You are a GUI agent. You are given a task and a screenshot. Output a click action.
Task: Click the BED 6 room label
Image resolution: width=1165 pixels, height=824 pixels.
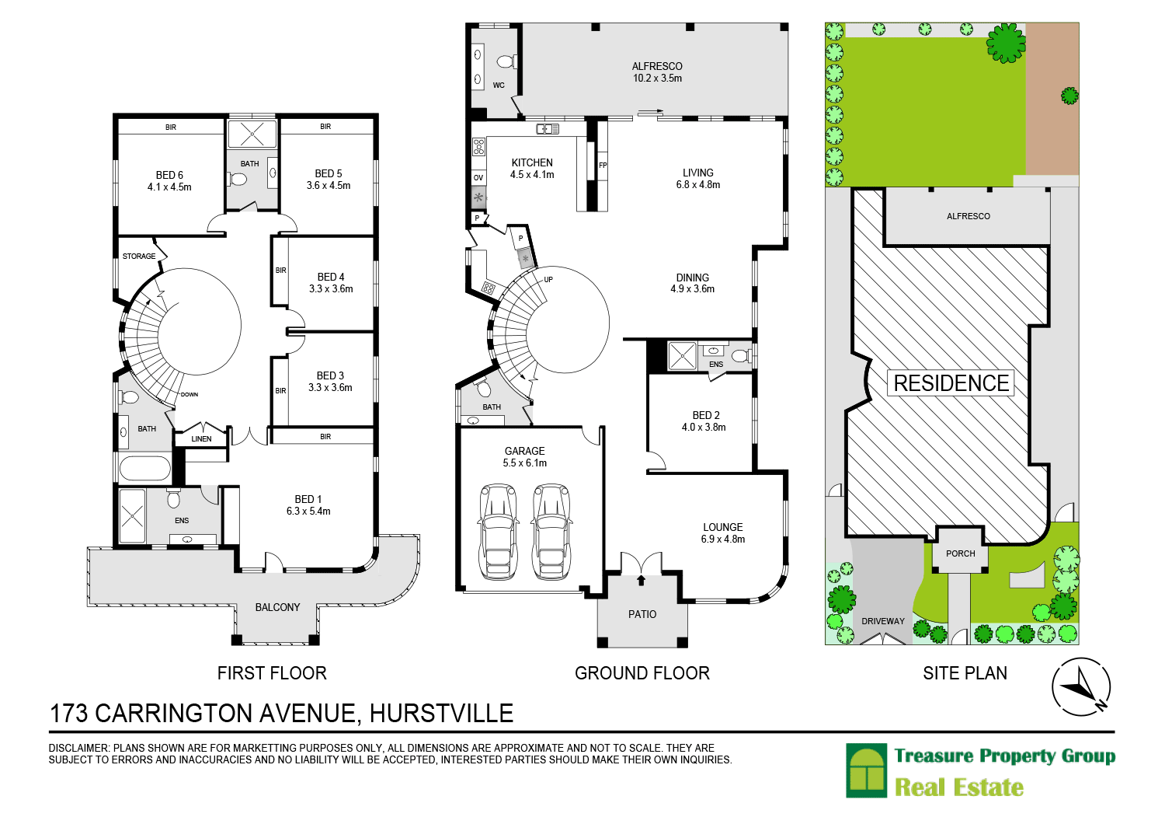[169, 176]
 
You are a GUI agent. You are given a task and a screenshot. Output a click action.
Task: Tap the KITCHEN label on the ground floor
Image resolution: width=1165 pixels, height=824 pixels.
[532, 163]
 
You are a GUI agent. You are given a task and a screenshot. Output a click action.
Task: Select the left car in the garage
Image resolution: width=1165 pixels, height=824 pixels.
[498, 532]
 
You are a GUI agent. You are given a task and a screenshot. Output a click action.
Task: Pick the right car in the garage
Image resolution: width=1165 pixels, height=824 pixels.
[551, 532]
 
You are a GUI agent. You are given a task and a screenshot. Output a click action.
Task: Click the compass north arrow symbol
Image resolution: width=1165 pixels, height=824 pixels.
[1080, 688]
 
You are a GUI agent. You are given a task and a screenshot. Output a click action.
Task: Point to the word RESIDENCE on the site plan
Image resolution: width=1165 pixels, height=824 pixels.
[951, 383]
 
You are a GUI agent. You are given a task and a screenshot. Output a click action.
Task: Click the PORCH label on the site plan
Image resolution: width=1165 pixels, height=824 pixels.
[961, 554]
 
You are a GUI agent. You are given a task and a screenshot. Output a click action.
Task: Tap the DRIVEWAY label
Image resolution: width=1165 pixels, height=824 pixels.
[883, 621]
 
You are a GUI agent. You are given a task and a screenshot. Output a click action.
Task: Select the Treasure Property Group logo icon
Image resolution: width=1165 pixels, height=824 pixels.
[867, 771]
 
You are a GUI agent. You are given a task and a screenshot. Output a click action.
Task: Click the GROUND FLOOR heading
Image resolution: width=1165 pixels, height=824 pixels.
[642, 673]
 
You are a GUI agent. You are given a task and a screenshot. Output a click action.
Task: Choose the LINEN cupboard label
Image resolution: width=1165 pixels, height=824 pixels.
[201, 439]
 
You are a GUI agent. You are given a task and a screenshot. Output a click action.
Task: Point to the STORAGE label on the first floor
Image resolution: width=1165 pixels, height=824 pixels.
[139, 257]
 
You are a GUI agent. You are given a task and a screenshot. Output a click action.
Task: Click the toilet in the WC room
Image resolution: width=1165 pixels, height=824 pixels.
[506, 61]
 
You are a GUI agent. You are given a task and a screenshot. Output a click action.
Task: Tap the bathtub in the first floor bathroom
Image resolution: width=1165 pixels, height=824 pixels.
[144, 469]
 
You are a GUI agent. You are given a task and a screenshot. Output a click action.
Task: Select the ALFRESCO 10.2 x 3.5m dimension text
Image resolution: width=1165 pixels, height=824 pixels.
[657, 79]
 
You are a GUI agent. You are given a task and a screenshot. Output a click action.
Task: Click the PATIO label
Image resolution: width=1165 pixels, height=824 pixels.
[642, 615]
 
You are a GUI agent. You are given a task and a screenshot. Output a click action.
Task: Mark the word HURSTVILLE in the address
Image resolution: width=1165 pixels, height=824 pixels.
[441, 713]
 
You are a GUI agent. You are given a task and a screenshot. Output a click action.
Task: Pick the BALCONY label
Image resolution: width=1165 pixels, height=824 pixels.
[277, 608]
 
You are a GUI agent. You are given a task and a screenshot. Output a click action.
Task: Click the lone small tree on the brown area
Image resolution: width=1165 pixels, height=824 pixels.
[1069, 96]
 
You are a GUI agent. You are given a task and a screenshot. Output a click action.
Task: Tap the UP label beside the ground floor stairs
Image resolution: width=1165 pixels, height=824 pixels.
[548, 280]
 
